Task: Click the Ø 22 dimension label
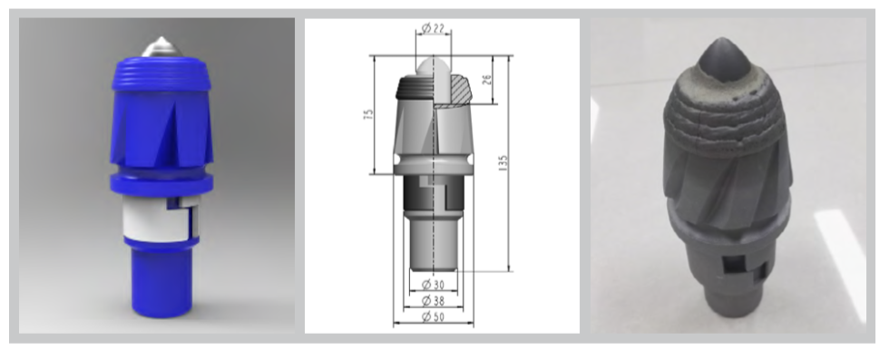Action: pos(434,27)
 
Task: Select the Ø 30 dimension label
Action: pos(434,284)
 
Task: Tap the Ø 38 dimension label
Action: pos(434,301)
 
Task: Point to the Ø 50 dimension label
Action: pos(434,317)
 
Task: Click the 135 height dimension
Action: pos(503,163)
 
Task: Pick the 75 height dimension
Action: pos(369,114)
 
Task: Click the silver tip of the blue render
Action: pos(161,47)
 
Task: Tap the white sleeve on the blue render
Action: pos(157,219)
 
